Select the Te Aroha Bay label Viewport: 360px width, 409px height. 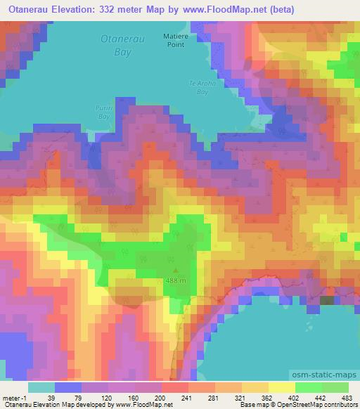click(199, 87)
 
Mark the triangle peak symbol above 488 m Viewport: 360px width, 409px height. click(175, 269)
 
